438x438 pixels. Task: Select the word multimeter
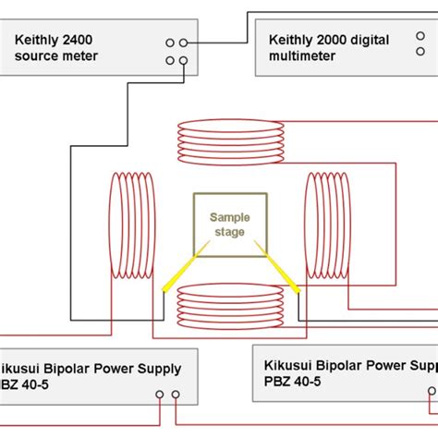[x=299, y=56]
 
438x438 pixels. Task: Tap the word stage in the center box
[x=229, y=231]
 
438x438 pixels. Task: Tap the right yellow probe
[x=281, y=274]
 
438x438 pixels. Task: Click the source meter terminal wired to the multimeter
[x=184, y=43]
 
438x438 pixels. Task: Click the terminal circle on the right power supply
[x=431, y=392]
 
